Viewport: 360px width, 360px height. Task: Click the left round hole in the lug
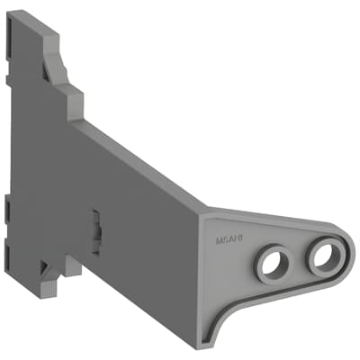[x=270, y=263]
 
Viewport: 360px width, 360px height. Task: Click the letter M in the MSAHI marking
[x=219, y=239]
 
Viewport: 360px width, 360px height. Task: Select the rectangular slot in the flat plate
[x=94, y=222]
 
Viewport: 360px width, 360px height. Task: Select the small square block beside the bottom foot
[x=72, y=265]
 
